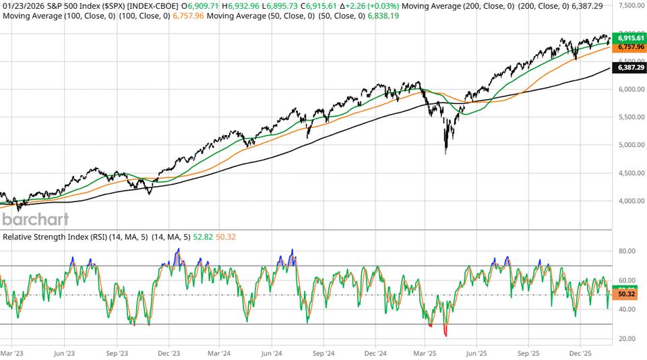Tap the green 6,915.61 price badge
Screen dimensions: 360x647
click(631, 39)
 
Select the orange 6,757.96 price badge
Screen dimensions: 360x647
click(631, 48)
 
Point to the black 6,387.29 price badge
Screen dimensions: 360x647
click(631, 68)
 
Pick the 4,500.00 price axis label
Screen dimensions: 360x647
click(631, 173)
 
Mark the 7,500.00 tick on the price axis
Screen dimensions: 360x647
click(631, 5)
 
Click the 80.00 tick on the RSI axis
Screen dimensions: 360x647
click(627, 251)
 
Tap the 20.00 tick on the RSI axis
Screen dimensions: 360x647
click(627, 339)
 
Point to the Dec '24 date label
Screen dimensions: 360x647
click(375, 353)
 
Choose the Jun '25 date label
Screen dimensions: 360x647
click(477, 353)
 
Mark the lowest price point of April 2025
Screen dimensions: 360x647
click(445, 154)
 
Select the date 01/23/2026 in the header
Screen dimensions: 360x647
click(20, 5)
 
